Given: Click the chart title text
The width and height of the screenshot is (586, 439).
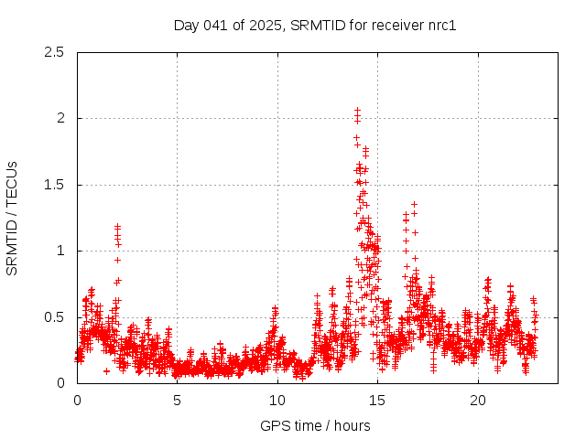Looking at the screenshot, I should click(x=315, y=25).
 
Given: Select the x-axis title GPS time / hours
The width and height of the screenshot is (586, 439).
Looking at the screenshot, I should click(x=315, y=425).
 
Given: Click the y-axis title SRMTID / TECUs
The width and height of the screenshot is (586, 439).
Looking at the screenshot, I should click(x=12, y=218).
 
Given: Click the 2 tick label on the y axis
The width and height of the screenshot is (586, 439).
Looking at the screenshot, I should click(x=60, y=118).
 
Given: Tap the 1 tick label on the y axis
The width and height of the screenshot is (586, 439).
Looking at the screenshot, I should click(x=60, y=251).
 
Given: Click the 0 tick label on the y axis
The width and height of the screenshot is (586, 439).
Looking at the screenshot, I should click(x=60, y=383).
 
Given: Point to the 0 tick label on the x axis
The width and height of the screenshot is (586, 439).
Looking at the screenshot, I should click(x=77, y=401).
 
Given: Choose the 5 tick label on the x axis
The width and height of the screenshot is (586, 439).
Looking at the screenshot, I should click(x=177, y=401).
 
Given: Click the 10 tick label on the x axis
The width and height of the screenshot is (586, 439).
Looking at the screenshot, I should click(x=277, y=401).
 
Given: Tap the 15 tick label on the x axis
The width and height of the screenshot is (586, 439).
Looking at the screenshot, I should click(x=377, y=401).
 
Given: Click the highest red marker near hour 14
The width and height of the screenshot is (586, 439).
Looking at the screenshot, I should click(x=357, y=110).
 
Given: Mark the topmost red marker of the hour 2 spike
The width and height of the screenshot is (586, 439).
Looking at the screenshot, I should click(x=117, y=226).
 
